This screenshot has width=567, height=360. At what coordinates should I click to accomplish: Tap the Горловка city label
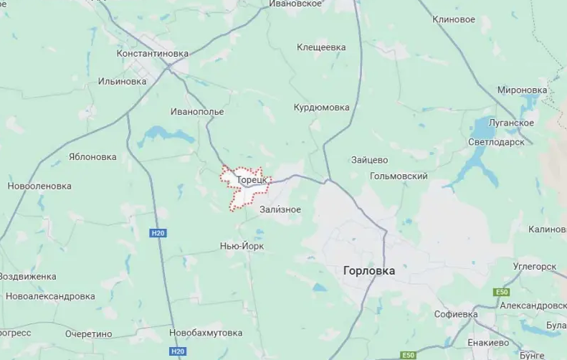(x=369, y=271)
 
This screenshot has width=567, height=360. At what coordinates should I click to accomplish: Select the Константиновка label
(x=153, y=54)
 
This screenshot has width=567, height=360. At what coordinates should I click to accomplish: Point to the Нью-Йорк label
(x=242, y=246)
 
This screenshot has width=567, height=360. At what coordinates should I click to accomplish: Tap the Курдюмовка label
(x=322, y=108)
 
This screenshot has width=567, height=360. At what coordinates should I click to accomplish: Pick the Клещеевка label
(x=321, y=47)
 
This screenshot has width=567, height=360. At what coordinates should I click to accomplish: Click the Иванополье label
(x=197, y=112)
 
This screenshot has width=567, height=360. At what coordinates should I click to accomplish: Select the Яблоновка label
(x=92, y=156)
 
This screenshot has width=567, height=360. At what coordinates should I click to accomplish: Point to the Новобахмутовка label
(x=206, y=333)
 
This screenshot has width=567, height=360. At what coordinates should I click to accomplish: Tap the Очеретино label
(x=89, y=333)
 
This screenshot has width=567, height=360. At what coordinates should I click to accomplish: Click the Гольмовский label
(x=399, y=176)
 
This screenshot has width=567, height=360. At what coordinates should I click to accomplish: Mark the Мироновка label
(x=522, y=90)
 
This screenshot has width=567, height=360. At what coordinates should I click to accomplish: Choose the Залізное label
(x=280, y=209)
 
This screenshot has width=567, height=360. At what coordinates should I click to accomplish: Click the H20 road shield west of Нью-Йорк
(x=158, y=233)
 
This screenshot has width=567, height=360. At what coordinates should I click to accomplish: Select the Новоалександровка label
(x=50, y=296)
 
